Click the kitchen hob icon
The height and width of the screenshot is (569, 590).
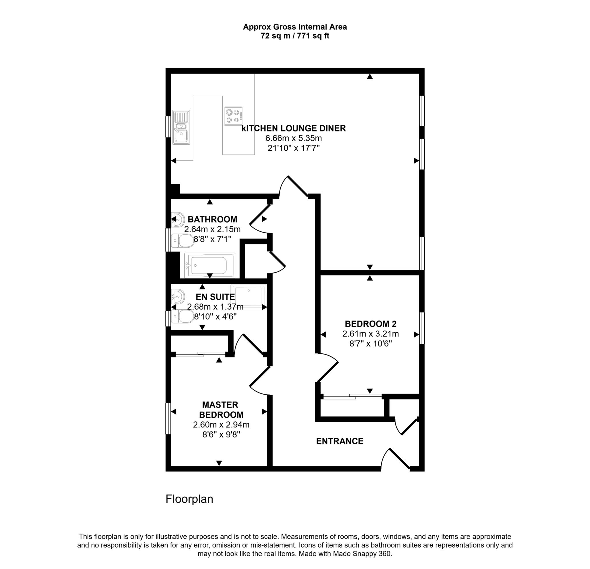click(x=233, y=116)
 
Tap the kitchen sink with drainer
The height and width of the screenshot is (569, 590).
click(x=181, y=127)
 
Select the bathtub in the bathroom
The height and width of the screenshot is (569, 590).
click(x=209, y=265)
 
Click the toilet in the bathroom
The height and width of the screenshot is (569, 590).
click(x=183, y=241)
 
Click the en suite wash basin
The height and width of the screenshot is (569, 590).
click(x=178, y=296)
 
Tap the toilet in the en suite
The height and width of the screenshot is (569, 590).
click(x=183, y=316)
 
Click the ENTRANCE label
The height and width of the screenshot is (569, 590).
click(x=340, y=441)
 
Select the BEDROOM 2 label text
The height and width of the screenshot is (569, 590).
click(x=370, y=324)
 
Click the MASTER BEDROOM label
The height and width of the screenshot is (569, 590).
click(x=221, y=410)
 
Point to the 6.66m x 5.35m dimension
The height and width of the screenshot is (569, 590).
click(x=294, y=138)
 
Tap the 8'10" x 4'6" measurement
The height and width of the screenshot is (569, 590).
click(x=215, y=316)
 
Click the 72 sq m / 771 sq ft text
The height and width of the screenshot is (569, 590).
click(x=295, y=36)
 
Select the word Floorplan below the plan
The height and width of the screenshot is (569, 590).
click(x=189, y=499)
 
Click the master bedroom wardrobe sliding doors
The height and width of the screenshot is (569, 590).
click(x=201, y=354)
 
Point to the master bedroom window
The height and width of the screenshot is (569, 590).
click(x=168, y=419)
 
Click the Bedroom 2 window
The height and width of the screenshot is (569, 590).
click(x=422, y=328)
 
